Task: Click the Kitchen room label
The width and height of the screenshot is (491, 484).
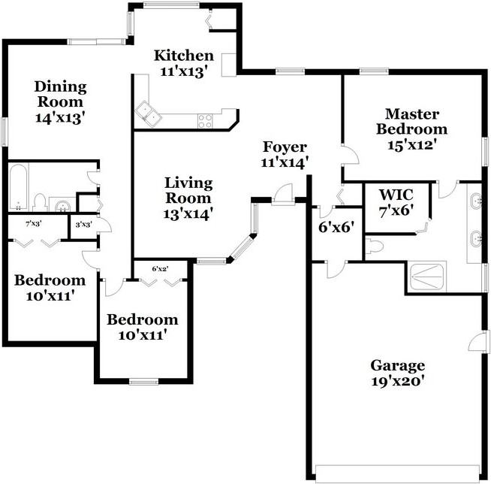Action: (x=184, y=56)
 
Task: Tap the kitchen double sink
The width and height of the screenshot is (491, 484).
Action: (x=148, y=113)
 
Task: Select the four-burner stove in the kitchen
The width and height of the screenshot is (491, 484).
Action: (x=205, y=121)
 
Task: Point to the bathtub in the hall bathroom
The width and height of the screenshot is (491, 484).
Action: (x=19, y=187)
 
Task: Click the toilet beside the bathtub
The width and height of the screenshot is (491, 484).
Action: (x=40, y=202)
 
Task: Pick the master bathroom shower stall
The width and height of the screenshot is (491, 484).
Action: (x=427, y=277)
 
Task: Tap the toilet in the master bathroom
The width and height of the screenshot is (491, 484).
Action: (x=375, y=246)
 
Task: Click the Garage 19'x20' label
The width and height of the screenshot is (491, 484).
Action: (x=398, y=373)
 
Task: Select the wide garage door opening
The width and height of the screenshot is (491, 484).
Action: (x=398, y=473)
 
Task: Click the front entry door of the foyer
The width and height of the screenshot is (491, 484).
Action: (x=282, y=195)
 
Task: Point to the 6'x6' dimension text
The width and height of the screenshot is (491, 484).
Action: (x=336, y=227)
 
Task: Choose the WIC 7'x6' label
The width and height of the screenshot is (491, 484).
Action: (x=396, y=202)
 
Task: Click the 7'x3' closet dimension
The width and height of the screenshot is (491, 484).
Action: (x=34, y=224)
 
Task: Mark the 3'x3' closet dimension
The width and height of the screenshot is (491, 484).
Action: (x=83, y=225)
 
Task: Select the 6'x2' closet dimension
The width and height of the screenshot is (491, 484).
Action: (x=161, y=268)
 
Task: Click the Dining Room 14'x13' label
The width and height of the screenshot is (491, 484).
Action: (x=60, y=102)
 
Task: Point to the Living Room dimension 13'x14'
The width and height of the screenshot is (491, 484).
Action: (x=188, y=213)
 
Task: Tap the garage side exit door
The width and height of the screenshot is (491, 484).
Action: (x=477, y=341)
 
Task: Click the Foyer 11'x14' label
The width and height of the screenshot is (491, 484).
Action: (x=285, y=155)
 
